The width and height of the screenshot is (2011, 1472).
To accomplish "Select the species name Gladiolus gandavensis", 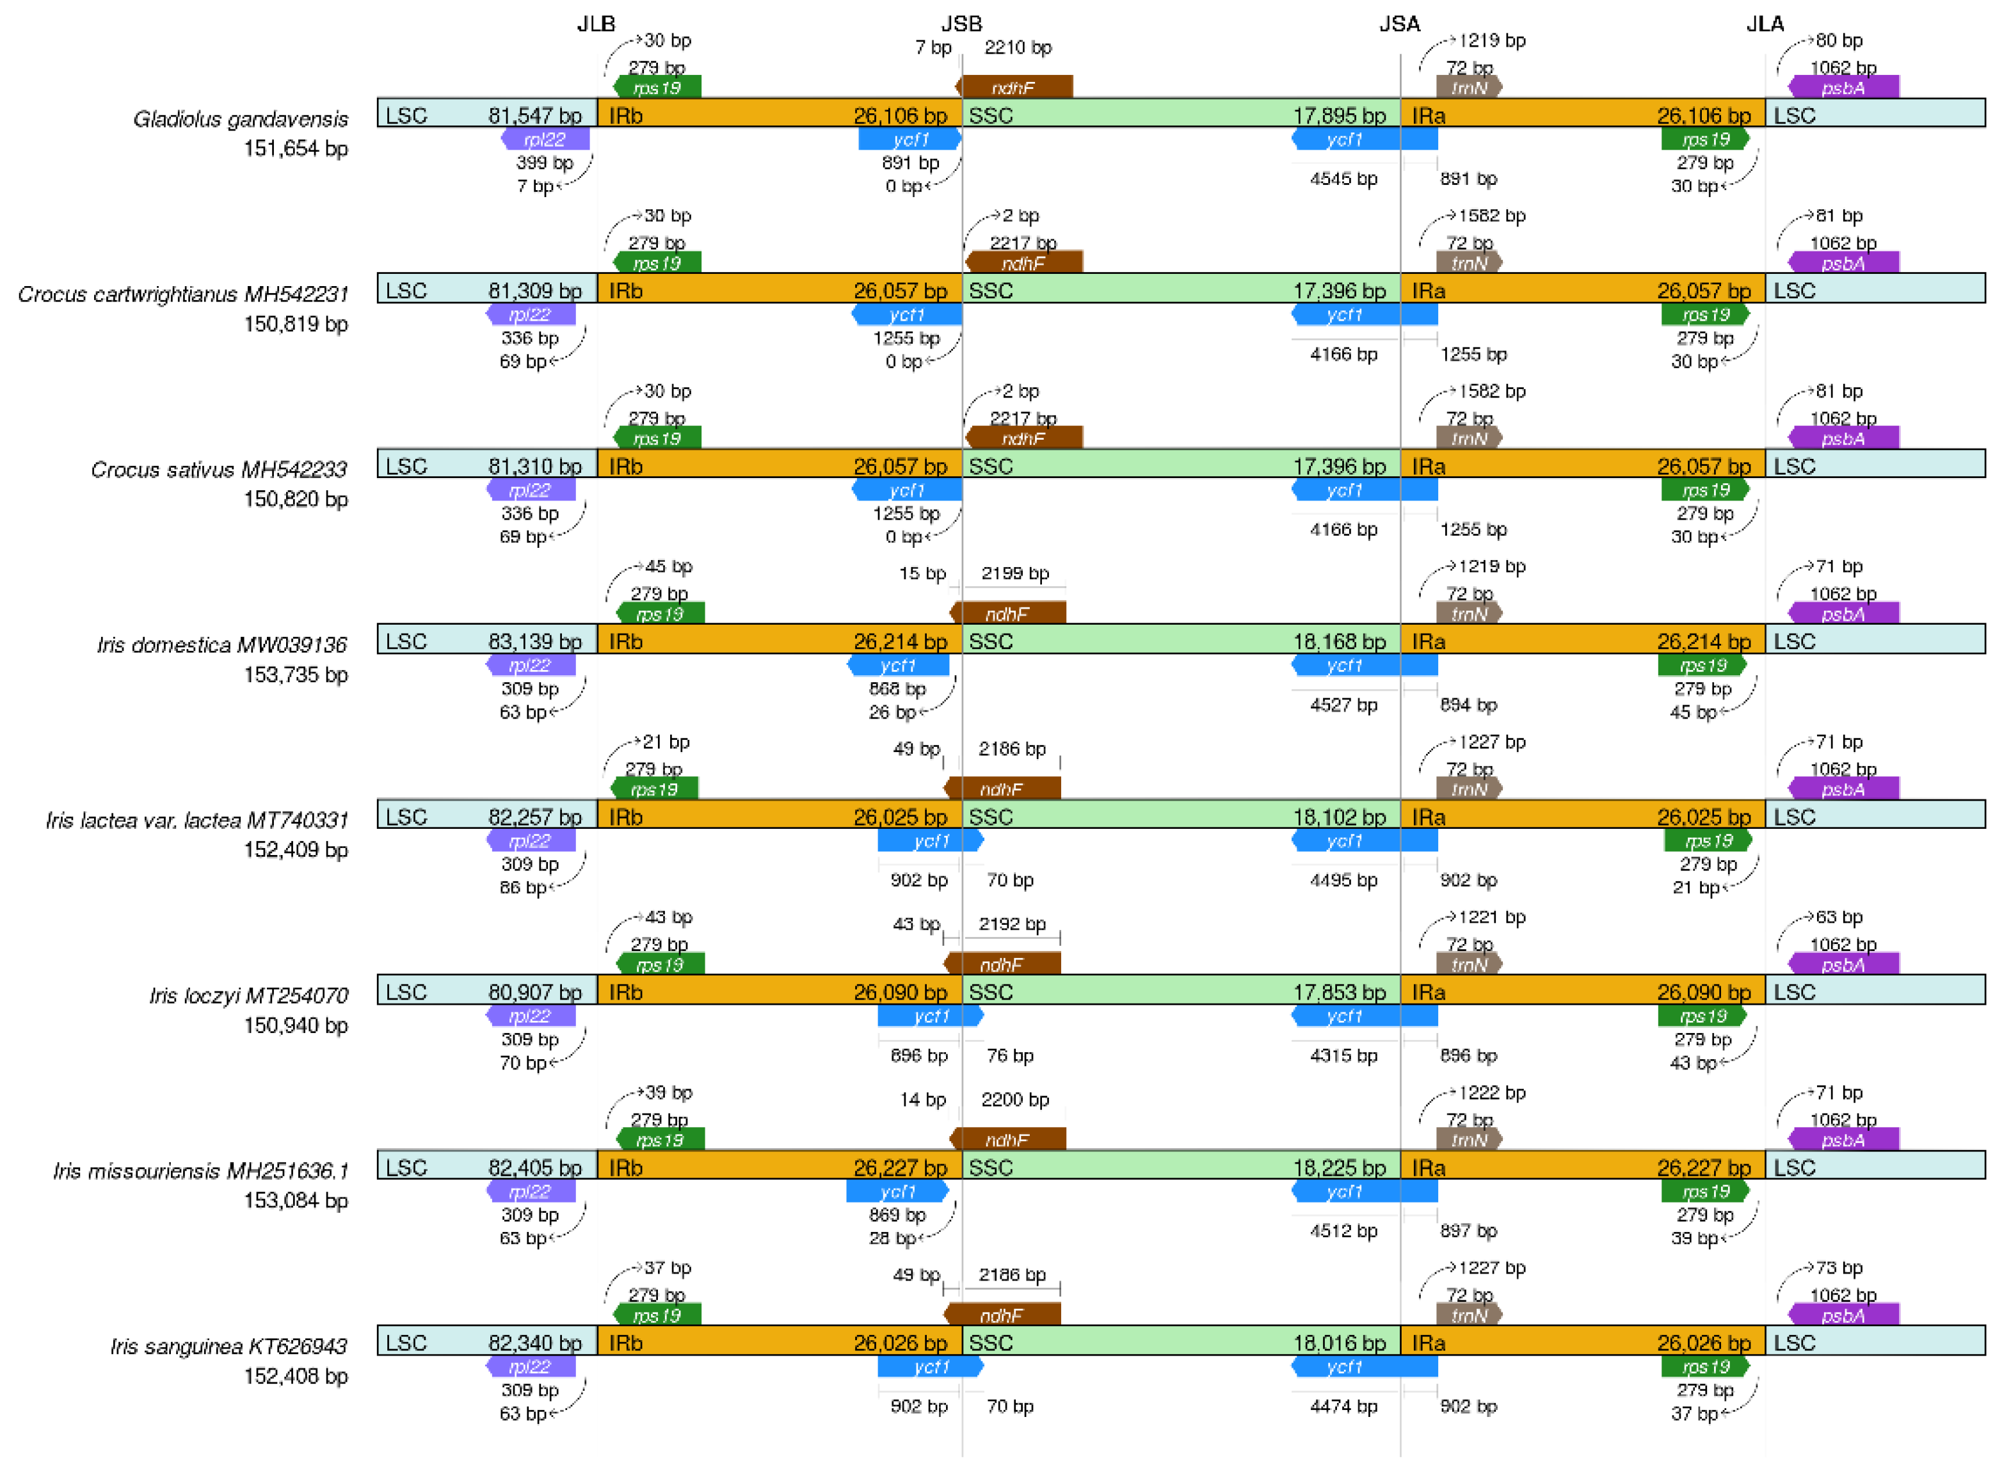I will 241,120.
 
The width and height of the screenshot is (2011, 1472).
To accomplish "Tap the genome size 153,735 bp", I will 296,675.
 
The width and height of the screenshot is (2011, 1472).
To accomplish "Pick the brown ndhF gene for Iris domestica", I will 1007,614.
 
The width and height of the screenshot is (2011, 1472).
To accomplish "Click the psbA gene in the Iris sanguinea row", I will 1843,1315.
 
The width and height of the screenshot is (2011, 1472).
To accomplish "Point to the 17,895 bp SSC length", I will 1339,116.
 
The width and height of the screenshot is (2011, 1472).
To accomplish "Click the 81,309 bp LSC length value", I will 534,291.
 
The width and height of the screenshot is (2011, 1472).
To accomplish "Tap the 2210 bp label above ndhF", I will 1018,48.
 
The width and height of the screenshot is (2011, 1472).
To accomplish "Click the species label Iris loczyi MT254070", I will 248,995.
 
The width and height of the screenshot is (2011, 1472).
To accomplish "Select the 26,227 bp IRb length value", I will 900,1168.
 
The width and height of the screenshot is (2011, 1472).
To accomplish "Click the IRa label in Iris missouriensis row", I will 1429,1168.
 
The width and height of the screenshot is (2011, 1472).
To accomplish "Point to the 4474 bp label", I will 1343,1407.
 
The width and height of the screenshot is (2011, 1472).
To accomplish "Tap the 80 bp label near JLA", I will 1839,41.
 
